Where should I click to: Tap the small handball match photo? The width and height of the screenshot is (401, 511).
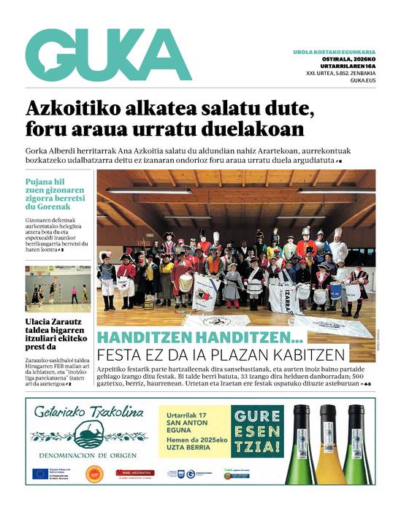pyautogui.click(x=58, y=288)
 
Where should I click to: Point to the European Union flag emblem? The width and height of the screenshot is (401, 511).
pyautogui.click(x=40, y=473)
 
